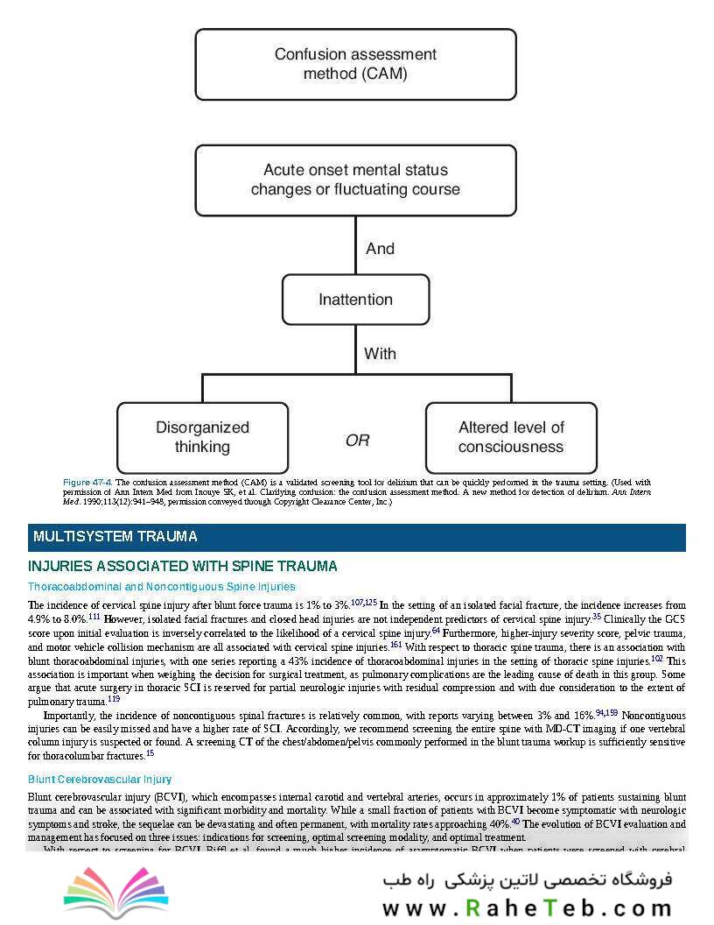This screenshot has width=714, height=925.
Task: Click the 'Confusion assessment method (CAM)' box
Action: [355, 64]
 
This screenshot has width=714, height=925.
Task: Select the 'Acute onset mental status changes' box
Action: [355, 180]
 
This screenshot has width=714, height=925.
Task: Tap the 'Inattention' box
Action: [355, 300]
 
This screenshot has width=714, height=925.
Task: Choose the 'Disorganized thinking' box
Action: [202, 437]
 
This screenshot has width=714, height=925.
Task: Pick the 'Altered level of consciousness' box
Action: [511, 437]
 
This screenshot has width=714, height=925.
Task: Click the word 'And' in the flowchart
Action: [380, 249]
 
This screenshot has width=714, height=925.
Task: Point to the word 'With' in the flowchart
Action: [380, 354]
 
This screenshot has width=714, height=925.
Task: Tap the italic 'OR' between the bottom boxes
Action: [357, 441]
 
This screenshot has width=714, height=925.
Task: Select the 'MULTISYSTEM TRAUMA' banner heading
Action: [115, 537]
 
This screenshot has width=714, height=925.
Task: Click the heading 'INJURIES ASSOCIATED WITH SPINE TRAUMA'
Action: [183, 567]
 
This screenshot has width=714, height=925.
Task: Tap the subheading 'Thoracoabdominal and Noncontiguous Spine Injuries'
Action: [162, 587]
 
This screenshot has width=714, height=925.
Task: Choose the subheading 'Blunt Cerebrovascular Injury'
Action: [100, 780]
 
